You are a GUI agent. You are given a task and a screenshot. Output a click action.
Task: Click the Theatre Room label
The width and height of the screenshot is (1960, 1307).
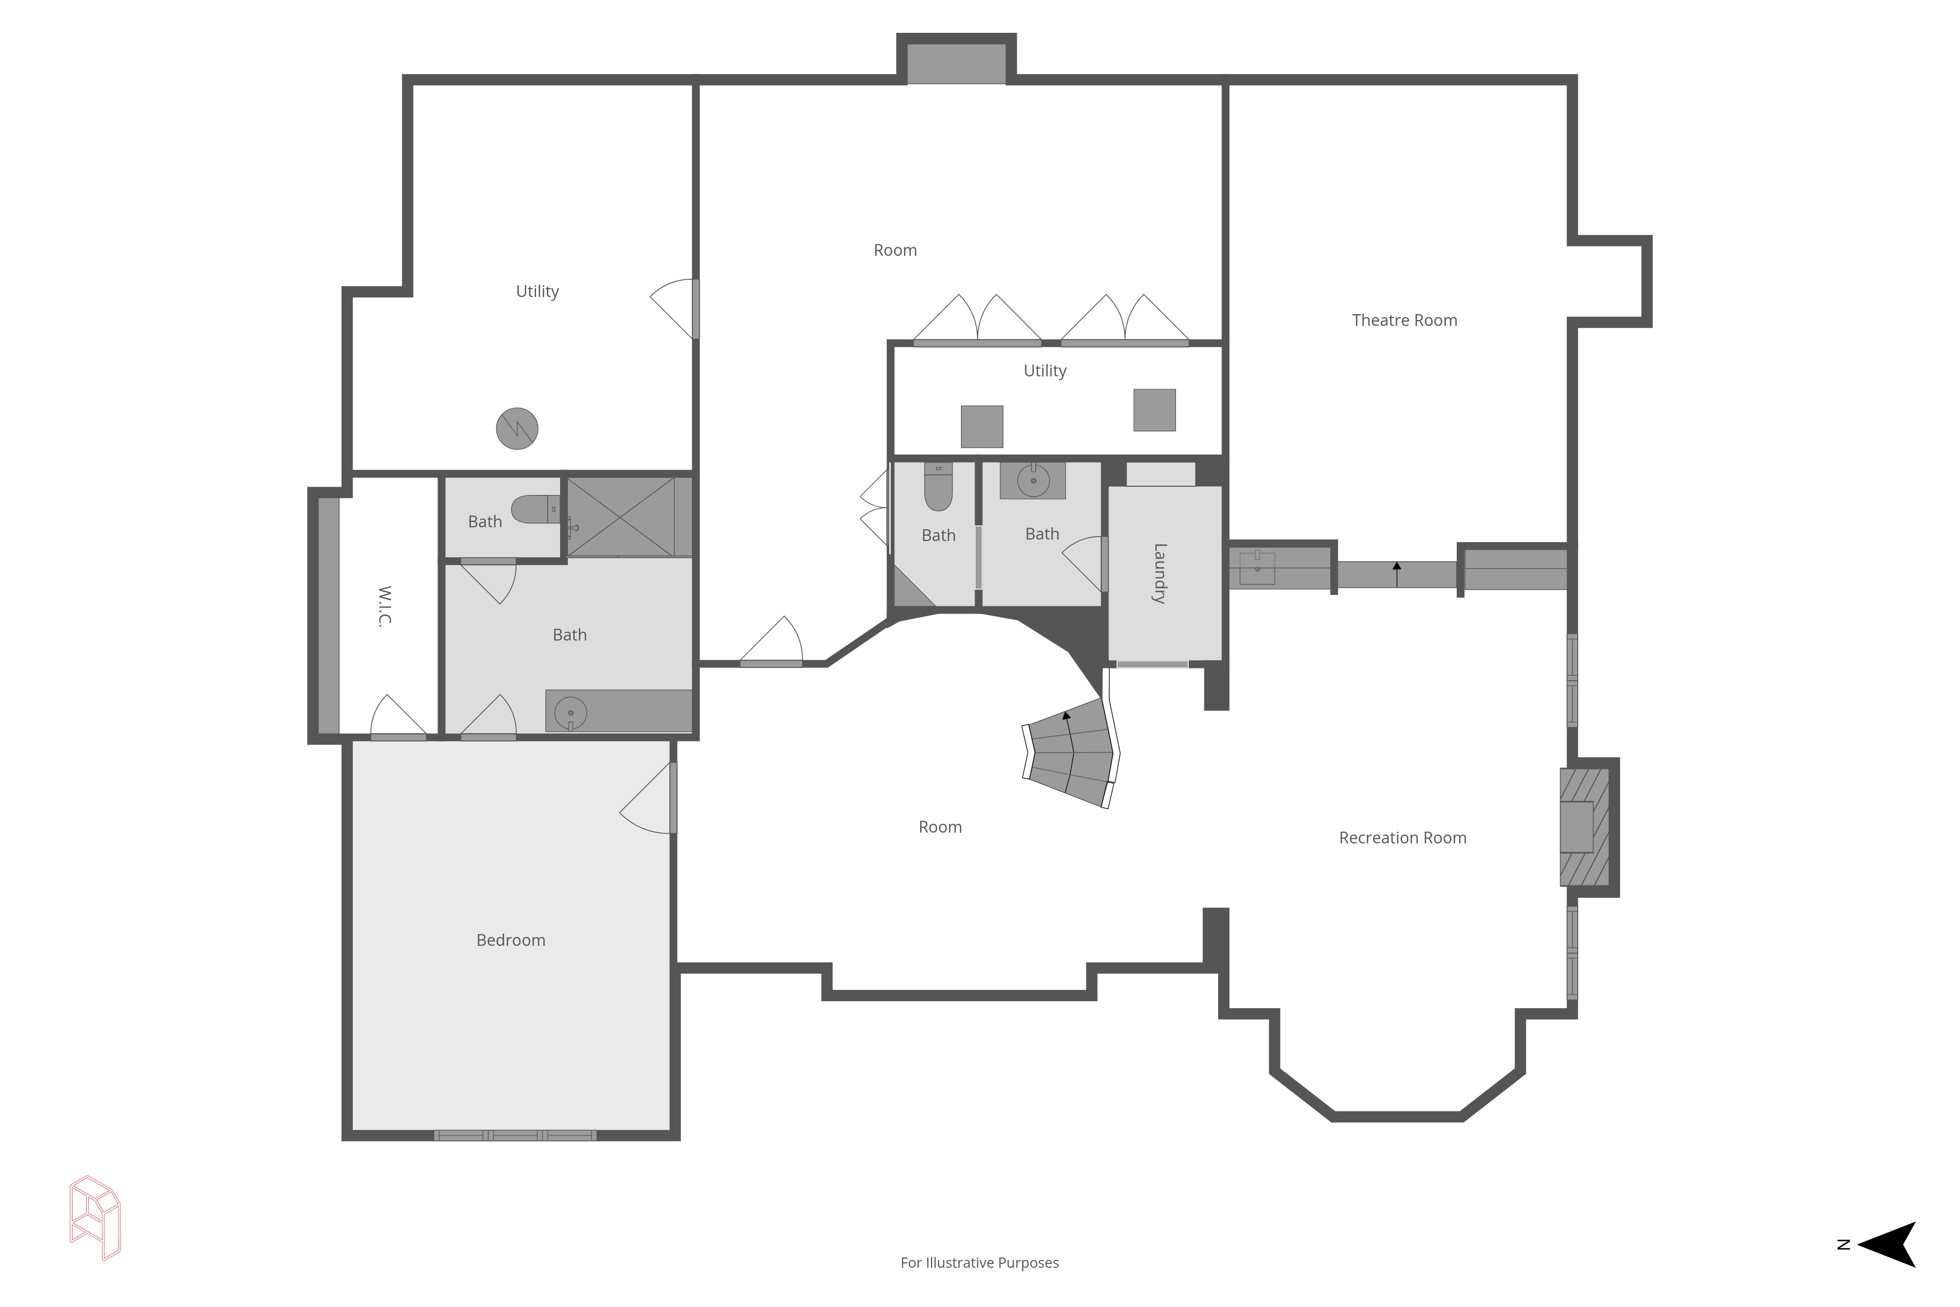pos(1404,320)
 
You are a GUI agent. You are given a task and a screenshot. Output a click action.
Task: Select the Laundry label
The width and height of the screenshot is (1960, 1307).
pos(1159,573)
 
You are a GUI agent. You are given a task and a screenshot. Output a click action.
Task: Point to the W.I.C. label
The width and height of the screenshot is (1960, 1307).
pos(384,606)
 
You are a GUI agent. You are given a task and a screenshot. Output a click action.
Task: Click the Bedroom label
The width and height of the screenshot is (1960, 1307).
pos(511,940)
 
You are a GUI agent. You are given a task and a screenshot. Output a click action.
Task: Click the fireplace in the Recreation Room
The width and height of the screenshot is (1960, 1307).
pos(1585,827)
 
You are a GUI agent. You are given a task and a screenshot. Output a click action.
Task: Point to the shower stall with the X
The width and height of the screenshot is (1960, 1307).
pos(621,517)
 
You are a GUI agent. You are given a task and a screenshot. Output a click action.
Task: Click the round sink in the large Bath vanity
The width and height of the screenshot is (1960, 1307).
pos(571,713)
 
